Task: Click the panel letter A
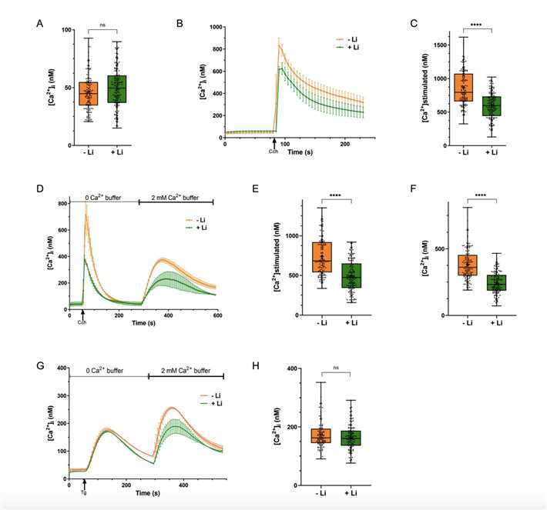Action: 39,23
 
